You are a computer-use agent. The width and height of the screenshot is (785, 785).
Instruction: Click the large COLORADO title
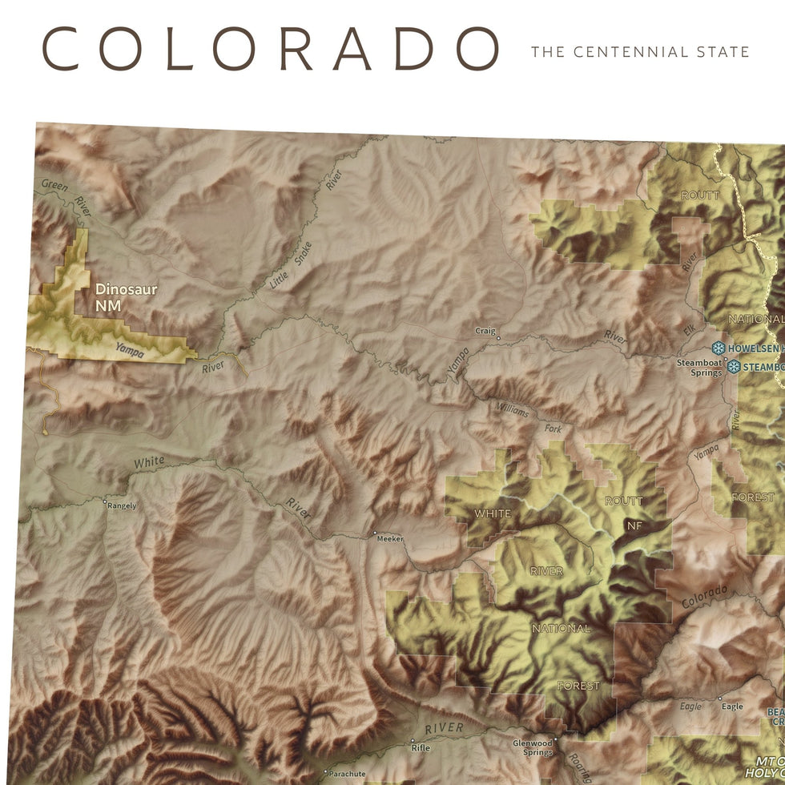(270, 49)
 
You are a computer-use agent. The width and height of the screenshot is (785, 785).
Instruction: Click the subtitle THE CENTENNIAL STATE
(640, 52)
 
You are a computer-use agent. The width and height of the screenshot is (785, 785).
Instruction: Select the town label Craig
(485, 331)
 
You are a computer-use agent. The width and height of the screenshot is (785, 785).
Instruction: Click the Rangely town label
(123, 505)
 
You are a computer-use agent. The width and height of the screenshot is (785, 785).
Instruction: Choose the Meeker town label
(390, 538)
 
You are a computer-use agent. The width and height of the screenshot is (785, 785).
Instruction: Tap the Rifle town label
(420, 748)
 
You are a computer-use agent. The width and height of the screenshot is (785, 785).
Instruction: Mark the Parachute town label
(346, 774)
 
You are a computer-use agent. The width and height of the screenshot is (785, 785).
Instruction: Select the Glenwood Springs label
(533, 747)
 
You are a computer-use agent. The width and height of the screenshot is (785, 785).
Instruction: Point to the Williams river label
(512, 411)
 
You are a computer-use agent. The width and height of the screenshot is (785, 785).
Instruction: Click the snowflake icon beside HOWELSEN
(719, 348)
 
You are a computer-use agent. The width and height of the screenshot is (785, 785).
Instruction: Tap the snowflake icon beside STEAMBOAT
(734, 367)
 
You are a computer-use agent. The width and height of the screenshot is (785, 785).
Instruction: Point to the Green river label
(54, 185)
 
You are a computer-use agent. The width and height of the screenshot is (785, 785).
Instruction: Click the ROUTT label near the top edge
(700, 195)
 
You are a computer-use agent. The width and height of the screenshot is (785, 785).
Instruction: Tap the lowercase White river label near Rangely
(149, 462)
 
